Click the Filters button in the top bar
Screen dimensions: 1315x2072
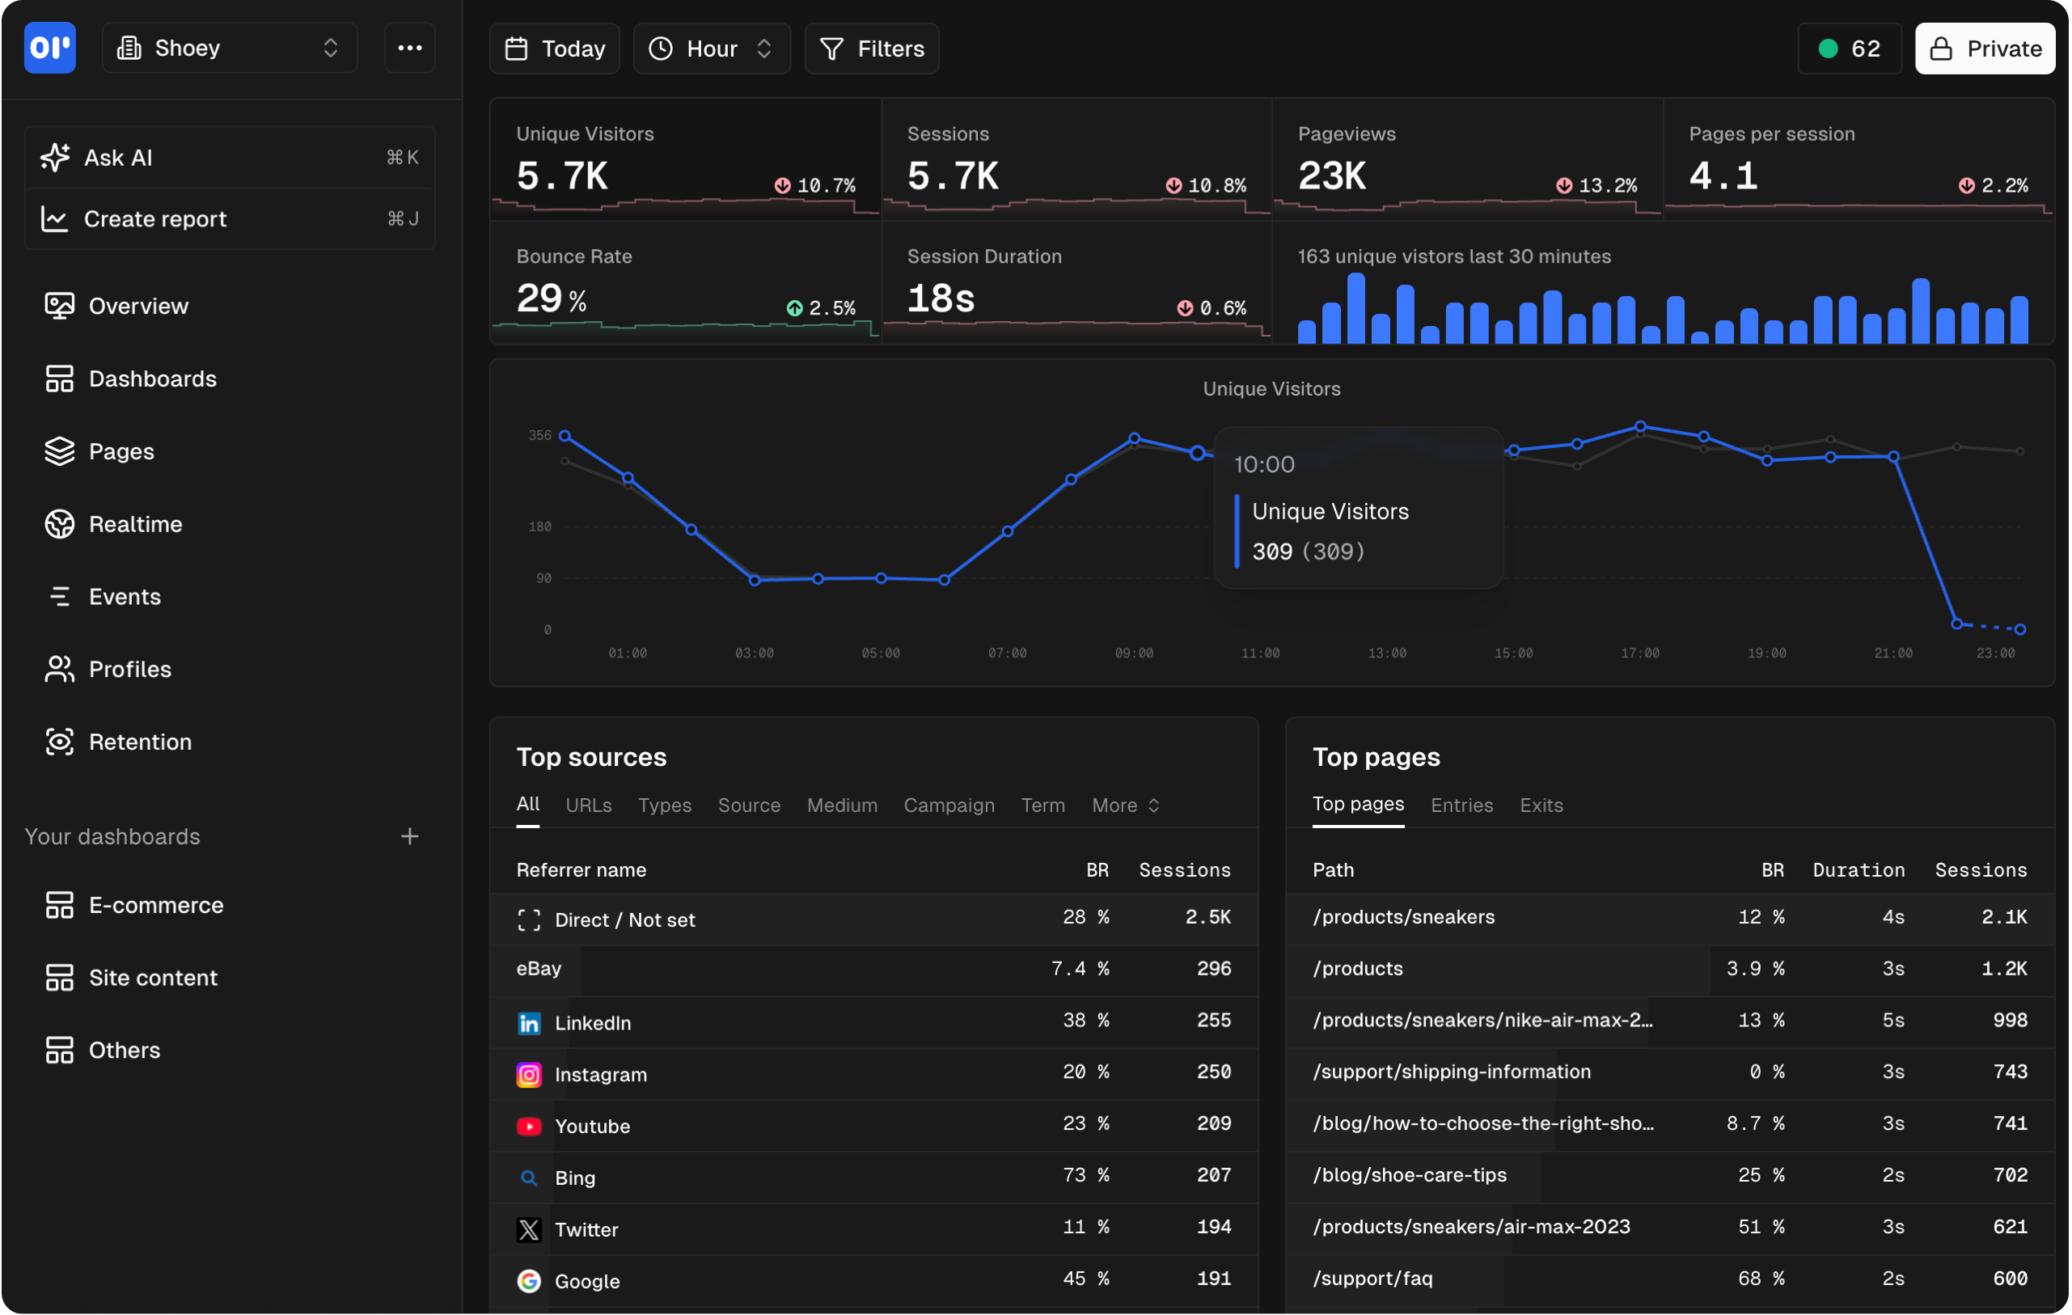pos(871,49)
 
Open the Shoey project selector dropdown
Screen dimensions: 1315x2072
pos(229,49)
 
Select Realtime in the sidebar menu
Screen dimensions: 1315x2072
pos(135,524)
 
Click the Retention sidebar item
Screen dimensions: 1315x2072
pos(139,742)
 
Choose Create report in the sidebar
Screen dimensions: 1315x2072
pos(155,219)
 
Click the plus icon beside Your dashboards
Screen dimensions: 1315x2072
pos(409,836)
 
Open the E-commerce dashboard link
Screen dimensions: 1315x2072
pos(156,905)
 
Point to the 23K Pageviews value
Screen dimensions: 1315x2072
pos(1331,176)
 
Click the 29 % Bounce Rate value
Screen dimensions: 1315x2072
pos(551,299)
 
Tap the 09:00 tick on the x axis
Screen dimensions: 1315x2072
pos(1133,653)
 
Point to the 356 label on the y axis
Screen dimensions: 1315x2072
pos(539,435)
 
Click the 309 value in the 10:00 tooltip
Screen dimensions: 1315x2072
pos(1272,552)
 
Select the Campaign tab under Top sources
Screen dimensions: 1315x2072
pos(948,805)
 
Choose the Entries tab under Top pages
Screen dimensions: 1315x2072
pos(1461,805)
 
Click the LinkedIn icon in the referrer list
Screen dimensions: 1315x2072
pos(529,1023)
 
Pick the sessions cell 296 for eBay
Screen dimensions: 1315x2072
pos(1213,969)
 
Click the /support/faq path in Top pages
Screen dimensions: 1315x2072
pos(1372,1279)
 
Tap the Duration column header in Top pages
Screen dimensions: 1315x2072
pos(1858,870)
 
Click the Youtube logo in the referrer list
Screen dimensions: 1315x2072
pos(529,1127)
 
